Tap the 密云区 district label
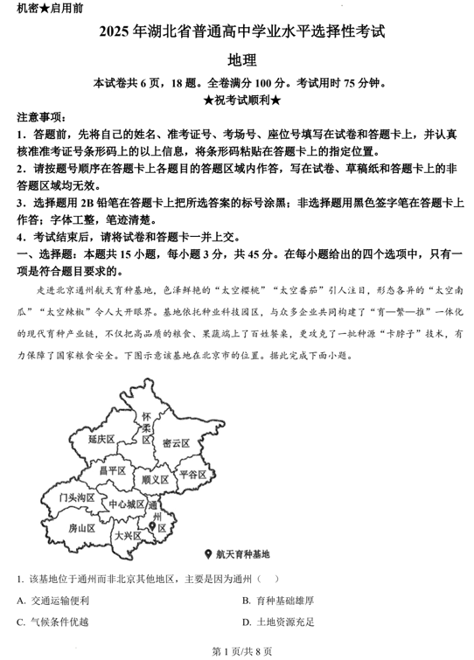point(176,443)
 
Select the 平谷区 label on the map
point(192,475)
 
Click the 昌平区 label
point(113,471)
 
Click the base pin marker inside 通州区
point(154,525)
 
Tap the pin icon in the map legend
point(206,554)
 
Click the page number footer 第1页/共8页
point(237,650)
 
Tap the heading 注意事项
point(38,116)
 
